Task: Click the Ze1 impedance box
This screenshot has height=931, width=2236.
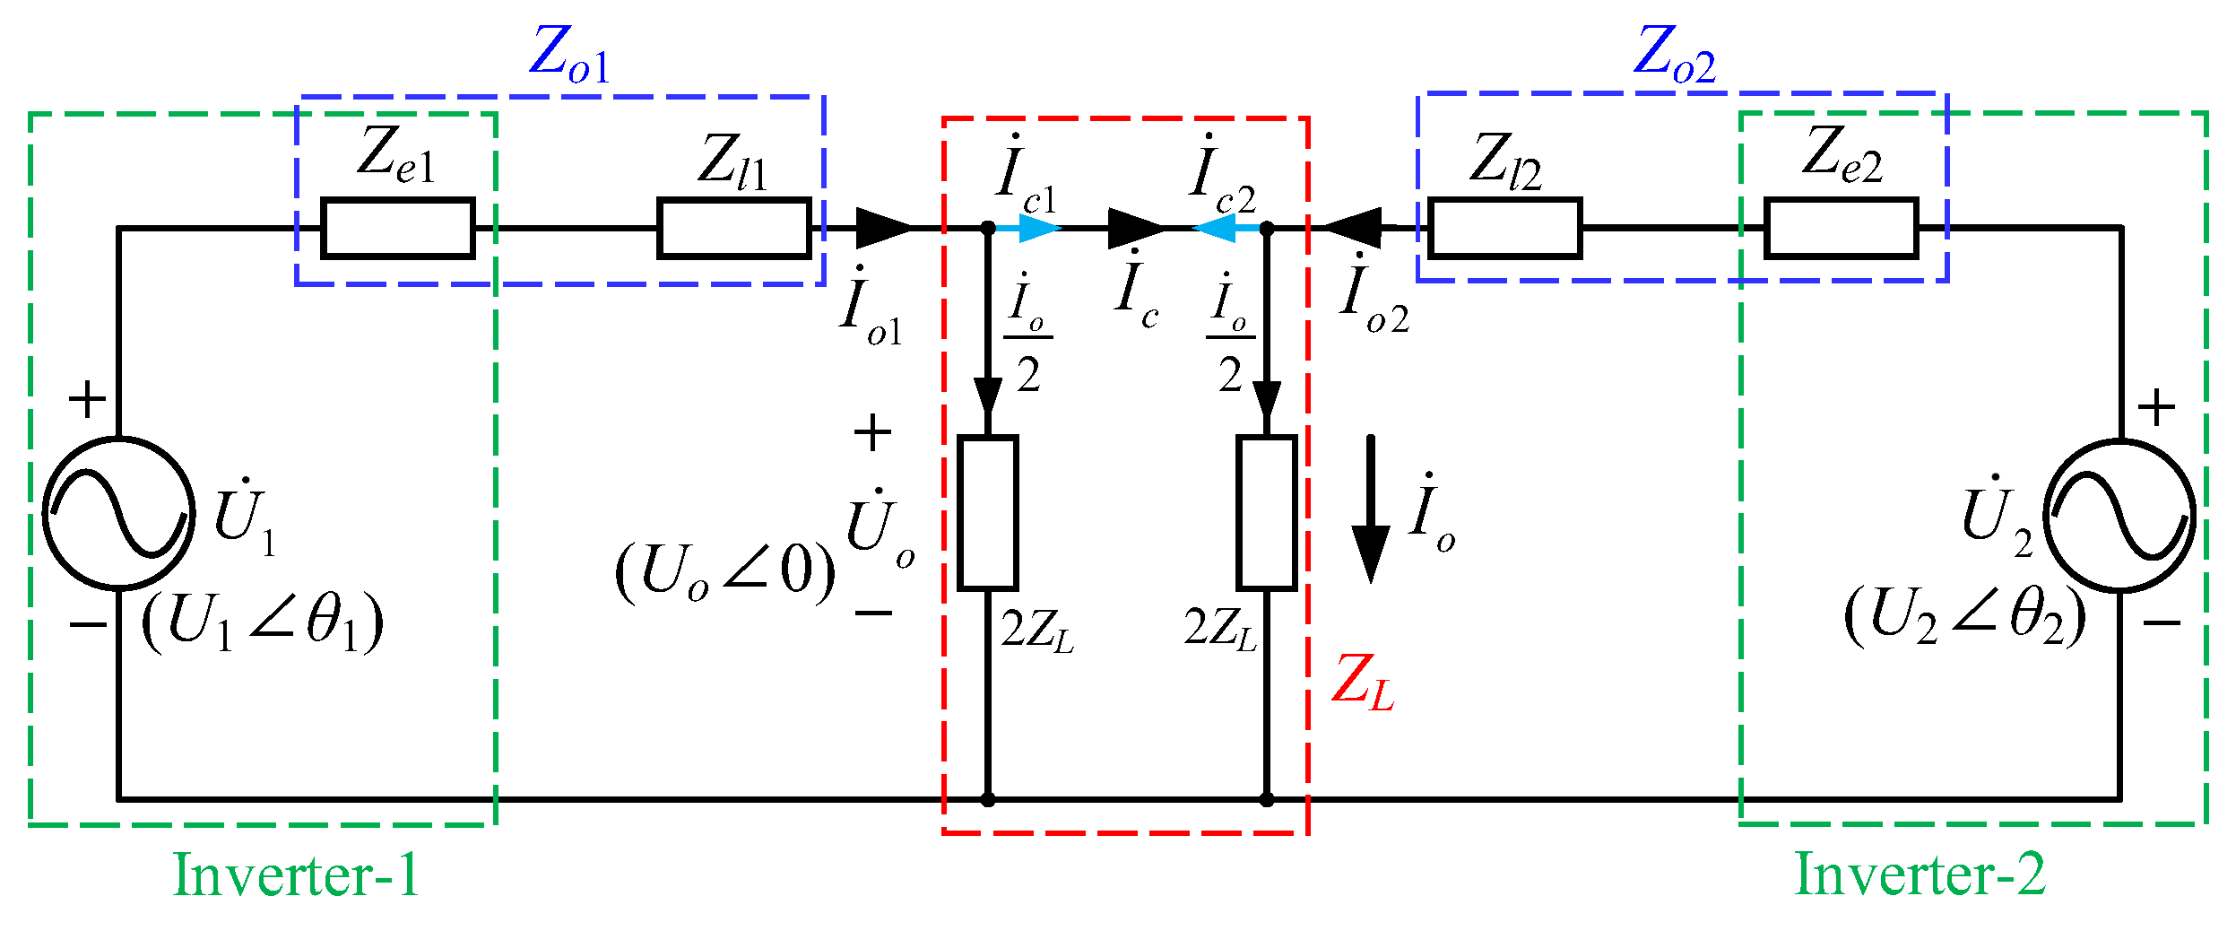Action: pyautogui.click(x=397, y=228)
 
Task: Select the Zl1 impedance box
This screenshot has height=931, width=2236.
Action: pyautogui.click(x=733, y=228)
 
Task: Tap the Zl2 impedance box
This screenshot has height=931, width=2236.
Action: pyautogui.click(x=1504, y=228)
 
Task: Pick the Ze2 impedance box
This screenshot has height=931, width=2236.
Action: pyautogui.click(x=1841, y=228)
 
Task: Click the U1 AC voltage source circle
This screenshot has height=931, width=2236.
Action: pyautogui.click(x=118, y=513)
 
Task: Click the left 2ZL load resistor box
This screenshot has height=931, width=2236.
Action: pyautogui.click(x=987, y=513)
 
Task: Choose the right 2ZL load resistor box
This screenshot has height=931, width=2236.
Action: pyautogui.click(x=1266, y=513)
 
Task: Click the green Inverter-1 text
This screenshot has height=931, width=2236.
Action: pyautogui.click(x=295, y=874)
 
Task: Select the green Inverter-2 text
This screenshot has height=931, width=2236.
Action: pyautogui.click(x=1920, y=874)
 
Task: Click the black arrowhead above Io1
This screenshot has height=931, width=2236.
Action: pyautogui.click(x=883, y=228)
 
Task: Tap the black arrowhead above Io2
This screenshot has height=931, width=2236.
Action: pyautogui.click(x=1354, y=228)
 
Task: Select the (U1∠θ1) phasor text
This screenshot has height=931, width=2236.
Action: pyautogui.click(x=263, y=622)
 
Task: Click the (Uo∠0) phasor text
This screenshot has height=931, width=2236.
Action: pyautogui.click(x=724, y=571)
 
